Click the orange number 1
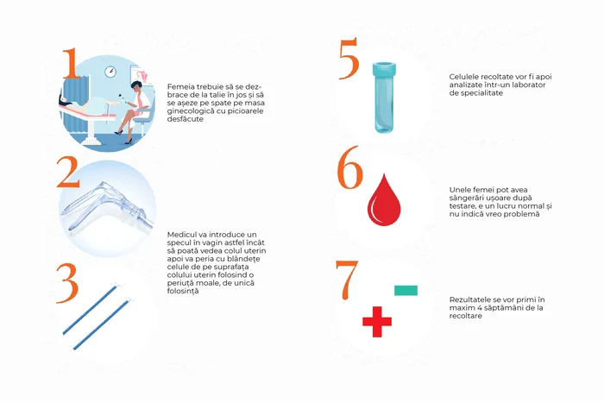click(71, 64)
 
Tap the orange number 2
click(68, 173)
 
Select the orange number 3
click(67, 283)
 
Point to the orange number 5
click(349, 59)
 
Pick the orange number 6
click(349, 167)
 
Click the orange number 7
click(347, 280)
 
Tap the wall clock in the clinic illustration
click(110, 72)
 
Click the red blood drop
click(384, 200)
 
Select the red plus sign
click(377, 321)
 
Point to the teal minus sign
click(406, 290)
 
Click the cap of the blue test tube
click(384, 68)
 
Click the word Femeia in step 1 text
click(179, 86)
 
